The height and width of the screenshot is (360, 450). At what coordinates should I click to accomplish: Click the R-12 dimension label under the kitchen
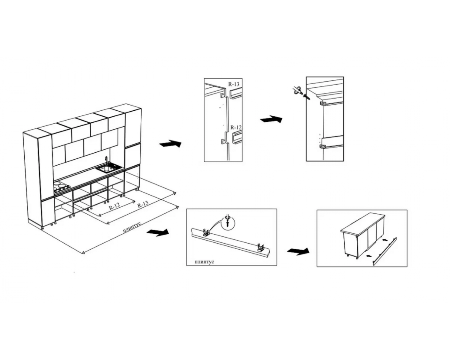pos(114,206)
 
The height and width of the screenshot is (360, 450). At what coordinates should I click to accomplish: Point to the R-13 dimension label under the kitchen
pos(143,204)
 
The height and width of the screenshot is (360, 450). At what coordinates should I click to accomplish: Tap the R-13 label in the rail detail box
pos(234,84)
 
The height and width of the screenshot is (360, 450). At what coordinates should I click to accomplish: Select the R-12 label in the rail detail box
pos(236,127)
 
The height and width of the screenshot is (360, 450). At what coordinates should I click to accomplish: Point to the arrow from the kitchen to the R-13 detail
pos(170,144)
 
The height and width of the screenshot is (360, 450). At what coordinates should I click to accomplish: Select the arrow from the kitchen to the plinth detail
pos(158,232)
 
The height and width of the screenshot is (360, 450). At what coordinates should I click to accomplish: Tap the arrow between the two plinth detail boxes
pos(298,251)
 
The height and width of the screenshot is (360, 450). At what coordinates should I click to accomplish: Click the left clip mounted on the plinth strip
pos(206,232)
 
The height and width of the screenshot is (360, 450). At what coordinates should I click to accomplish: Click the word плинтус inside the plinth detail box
pos(204,262)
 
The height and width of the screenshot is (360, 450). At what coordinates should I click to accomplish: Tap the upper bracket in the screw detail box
pos(323,103)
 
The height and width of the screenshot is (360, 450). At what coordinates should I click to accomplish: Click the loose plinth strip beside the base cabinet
pos(385,251)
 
